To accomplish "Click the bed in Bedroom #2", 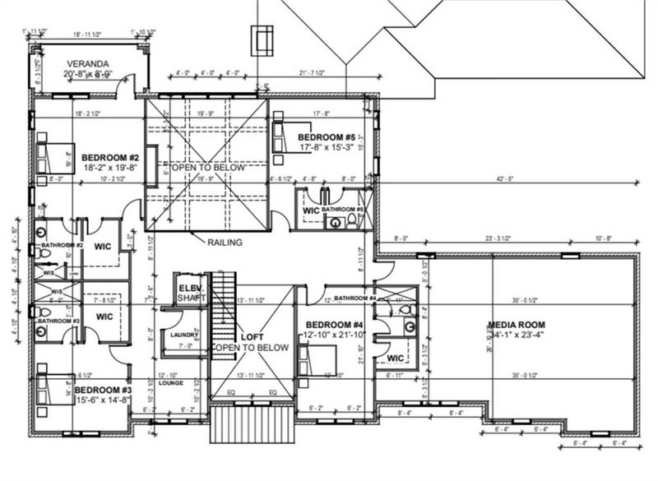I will pyautogui.click(x=51, y=155).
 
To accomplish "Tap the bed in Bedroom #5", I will pyautogui.click(x=282, y=131).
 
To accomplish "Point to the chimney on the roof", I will pyautogui.click(x=262, y=39).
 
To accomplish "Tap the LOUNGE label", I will pyautogui.click(x=170, y=383).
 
